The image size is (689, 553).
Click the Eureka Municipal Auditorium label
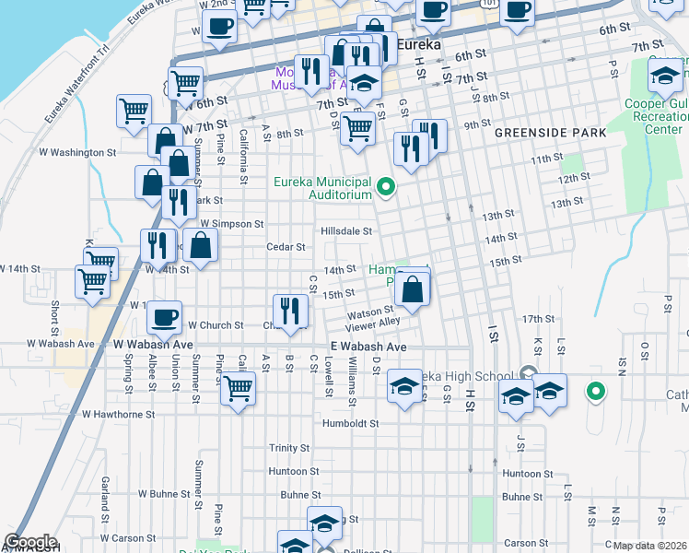(322, 188)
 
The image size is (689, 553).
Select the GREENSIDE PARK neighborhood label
(550, 133)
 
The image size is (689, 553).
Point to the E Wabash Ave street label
(368, 347)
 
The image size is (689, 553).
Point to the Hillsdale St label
(346, 231)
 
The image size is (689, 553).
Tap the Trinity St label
(289, 448)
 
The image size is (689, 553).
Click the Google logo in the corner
(30, 542)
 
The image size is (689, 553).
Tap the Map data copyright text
(648, 546)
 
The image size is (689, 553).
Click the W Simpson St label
(232, 224)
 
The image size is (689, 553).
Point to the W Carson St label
(128, 537)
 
